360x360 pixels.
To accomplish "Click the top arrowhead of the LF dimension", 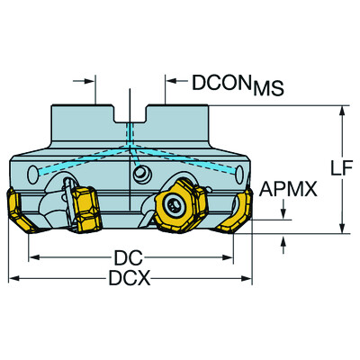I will [341, 112].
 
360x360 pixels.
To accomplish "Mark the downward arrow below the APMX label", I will [285, 213].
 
